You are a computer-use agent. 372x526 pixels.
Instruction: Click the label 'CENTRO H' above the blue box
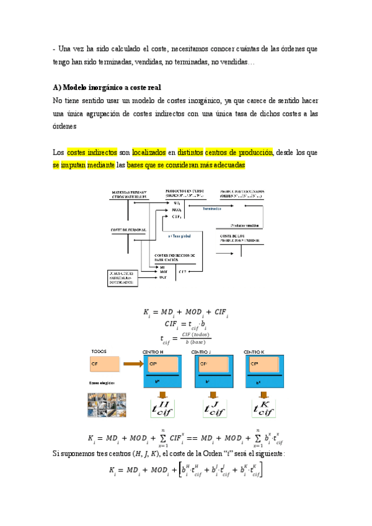[153, 352]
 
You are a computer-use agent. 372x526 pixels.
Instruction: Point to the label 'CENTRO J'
[202, 352]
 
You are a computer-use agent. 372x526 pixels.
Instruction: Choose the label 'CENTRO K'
[255, 352]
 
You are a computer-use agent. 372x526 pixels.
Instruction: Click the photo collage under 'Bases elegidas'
[107, 405]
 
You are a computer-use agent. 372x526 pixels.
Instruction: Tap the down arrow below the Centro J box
[213, 395]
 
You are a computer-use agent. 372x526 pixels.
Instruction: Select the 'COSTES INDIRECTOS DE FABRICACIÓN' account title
[175, 257]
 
